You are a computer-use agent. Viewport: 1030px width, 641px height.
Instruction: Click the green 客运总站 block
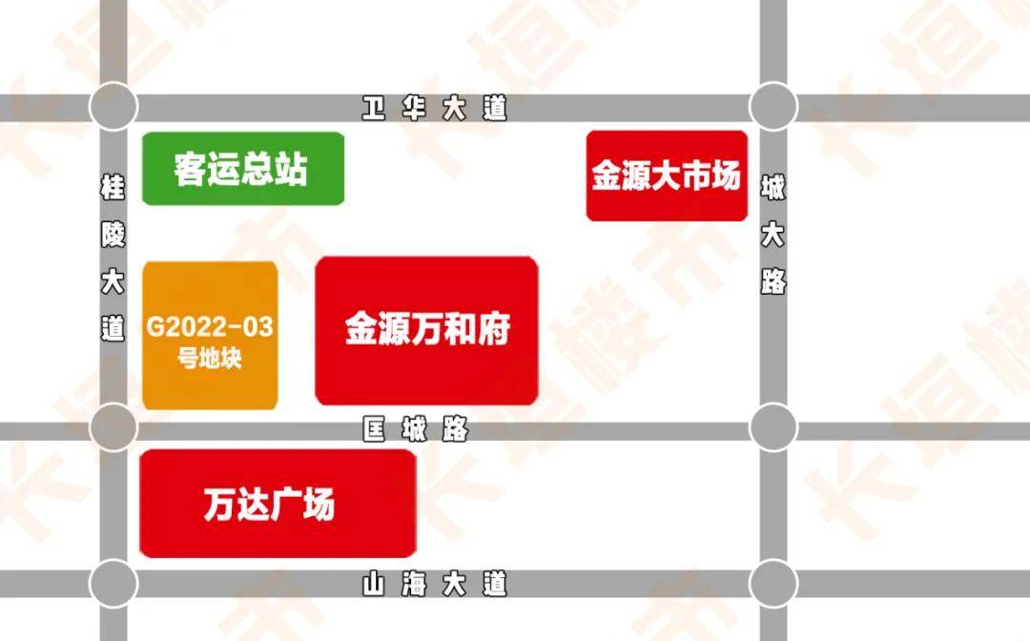click(242, 169)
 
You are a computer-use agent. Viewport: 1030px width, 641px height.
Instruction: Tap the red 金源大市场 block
click(666, 176)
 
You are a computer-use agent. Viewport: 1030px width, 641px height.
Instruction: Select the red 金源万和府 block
click(426, 330)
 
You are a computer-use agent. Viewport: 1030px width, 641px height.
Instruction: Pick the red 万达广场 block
click(277, 503)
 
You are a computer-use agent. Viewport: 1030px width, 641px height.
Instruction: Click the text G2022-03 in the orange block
click(210, 327)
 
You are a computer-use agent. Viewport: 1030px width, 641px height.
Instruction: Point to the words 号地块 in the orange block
click(210, 361)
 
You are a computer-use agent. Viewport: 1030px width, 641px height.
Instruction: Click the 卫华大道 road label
click(434, 109)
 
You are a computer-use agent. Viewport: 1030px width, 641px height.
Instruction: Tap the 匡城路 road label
click(415, 430)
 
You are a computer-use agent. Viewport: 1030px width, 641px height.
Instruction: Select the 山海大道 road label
click(434, 583)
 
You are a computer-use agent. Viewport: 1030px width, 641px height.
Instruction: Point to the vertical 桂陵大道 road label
click(113, 258)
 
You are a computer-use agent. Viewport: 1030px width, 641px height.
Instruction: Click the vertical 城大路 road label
click(772, 236)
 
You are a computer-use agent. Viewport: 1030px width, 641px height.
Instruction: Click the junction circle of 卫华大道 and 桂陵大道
click(113, 106)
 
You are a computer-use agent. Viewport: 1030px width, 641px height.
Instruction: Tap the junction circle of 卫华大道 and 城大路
click(772, 106)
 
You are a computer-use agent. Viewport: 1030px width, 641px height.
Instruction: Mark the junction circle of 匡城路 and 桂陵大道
click(113, 426)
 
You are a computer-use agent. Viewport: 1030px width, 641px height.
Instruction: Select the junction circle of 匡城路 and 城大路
click(772, 426)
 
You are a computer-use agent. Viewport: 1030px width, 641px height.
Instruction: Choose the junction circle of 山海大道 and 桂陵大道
click(113, 581)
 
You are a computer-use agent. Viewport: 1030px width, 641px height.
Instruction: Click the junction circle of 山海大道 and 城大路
click(772, 581)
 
